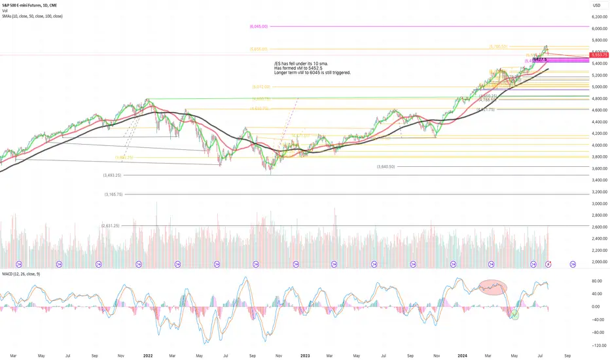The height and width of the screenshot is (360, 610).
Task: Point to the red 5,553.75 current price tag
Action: pyautogui.click(x=598, y=55)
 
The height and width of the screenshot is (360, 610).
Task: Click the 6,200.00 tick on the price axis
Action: pyautogui.click(x=598, y=17)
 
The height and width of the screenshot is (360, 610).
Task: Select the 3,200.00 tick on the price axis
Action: pyautogui.click(x=598, y=192)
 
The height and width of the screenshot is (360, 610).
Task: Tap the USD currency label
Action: pyautogui.click(x=596, y=7)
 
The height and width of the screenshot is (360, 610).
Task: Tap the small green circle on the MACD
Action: pyautogui.click(x=515, y=315)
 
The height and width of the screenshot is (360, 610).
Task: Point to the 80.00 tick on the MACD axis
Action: pyautogui.click(x=596, y=281)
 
